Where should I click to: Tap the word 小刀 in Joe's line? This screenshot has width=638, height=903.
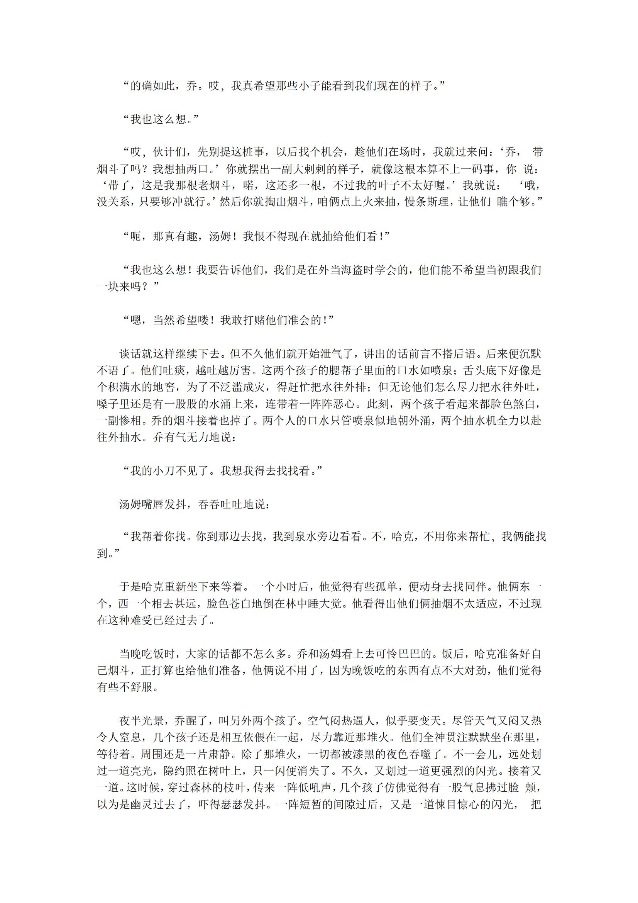coord(164,471)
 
